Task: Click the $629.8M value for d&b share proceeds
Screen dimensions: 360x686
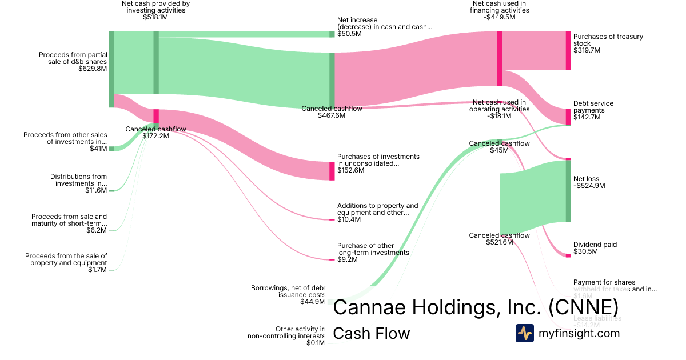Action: coord(93,69)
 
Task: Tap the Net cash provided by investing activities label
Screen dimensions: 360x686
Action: coord(155,6)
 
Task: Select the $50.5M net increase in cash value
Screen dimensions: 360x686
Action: coord(349,34)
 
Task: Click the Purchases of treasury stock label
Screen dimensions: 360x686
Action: coord(608,40)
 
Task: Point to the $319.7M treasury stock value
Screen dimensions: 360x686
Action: coord(587,50)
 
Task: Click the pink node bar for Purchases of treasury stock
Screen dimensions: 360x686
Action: coord(568,51)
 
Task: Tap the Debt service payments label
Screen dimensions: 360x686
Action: coord(593,107)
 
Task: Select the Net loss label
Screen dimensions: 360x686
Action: coord(586,179)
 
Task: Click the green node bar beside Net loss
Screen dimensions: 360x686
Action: coord(568,191)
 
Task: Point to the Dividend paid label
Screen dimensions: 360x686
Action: coord(595,245)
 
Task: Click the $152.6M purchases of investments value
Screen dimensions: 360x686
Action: coord(350,170)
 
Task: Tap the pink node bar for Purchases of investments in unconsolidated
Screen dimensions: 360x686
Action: coord(332,171)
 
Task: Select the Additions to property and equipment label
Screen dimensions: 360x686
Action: coord(377,209)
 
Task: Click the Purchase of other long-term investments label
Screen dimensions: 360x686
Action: coord(373,249)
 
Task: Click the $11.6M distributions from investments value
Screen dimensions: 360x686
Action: coord(96,190)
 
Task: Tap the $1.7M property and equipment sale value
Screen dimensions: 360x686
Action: coord(97,270)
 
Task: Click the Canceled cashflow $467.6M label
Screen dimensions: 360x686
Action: coord(323,112)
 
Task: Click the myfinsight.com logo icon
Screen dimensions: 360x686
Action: coord(524,333)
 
